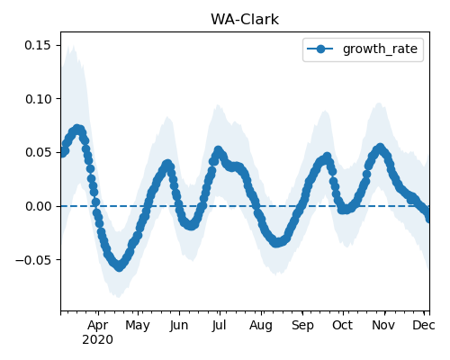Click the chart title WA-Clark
pos(245,20)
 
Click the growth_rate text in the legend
pos(380,49)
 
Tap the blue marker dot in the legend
pos(320,49)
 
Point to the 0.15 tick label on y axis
pos(38,45)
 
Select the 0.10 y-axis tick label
pos(38,99)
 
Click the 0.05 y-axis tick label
pos(38,152)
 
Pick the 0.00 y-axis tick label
pos(38,206)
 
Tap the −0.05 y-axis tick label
pos(33,260)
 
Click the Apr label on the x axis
pos(98,325)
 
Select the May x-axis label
pos(138,325)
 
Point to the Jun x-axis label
pos(179,325)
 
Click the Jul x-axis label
pos(219,325)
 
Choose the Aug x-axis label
pos(261,325)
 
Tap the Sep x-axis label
pos(302,325)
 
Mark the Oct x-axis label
pos(342,325)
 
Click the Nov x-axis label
pos(383,325)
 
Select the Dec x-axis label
pos(424,325)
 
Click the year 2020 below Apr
pos(98,340)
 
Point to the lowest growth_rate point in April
pos(120,266)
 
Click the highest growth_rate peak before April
pos(77,130)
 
